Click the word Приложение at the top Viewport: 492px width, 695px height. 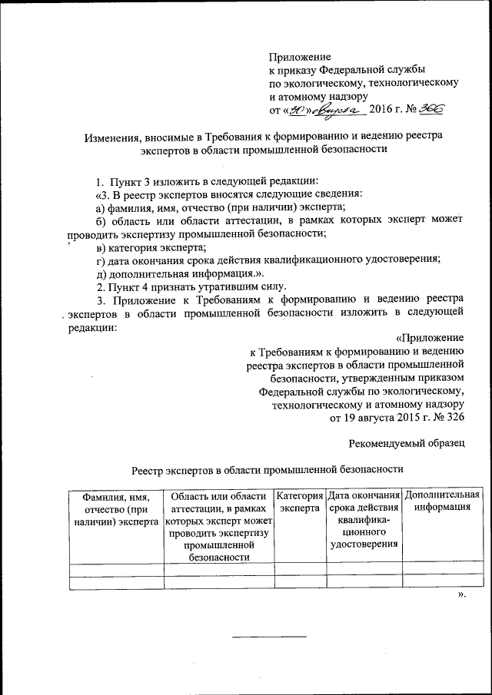coord(300,57)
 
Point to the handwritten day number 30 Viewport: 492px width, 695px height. coord(294,111)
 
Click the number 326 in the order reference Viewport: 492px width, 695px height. coord(451,418)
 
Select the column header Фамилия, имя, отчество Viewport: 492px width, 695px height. coord(116,508)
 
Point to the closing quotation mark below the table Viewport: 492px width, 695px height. coord(461,595)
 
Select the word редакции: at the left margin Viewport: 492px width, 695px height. coord(92,327)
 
